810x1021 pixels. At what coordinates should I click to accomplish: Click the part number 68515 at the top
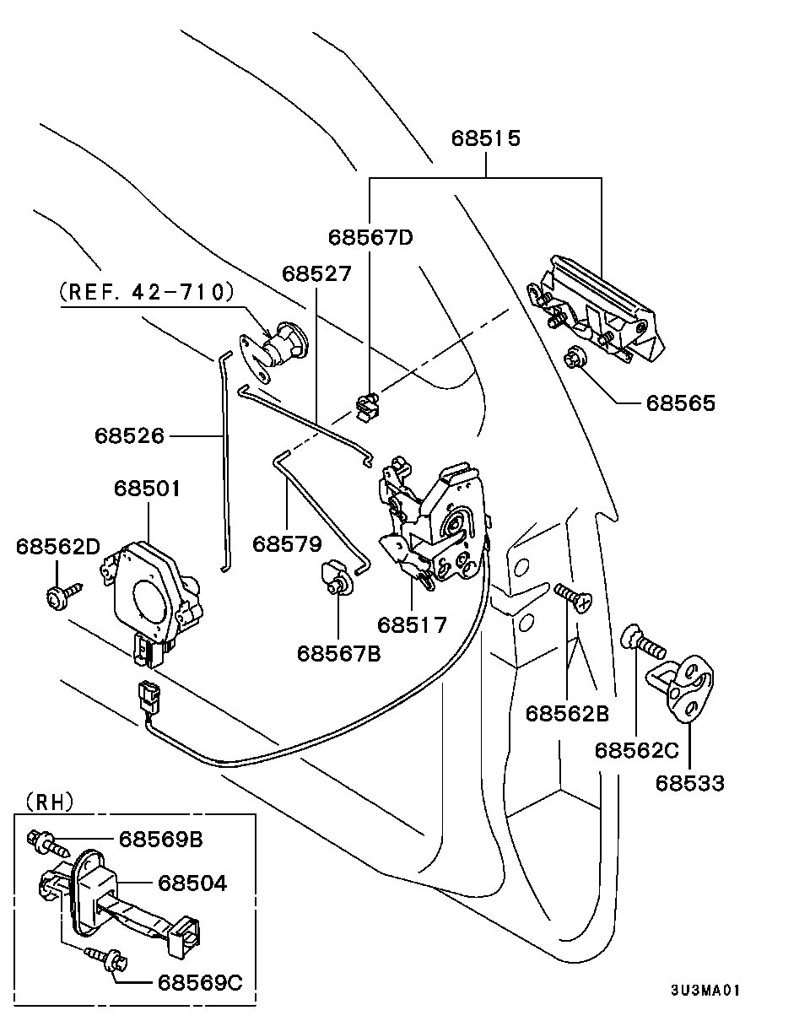coord(485,138)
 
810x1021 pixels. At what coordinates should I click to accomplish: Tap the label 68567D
coord(370,237)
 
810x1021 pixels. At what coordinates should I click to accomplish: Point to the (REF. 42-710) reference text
coord(146,292)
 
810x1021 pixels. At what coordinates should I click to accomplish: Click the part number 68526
coord(129,435)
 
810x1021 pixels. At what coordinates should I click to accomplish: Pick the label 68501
coord(148,489)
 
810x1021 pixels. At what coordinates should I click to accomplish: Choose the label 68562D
coord(57,546)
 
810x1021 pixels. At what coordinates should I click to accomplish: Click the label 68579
coord(287,543)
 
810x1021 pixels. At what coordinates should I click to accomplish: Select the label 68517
coord(412,624)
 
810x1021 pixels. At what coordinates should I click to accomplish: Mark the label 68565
coord(680,402)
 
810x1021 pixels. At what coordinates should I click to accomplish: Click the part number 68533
coord(690,783)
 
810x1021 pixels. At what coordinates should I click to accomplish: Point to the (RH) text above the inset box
coord(50,800)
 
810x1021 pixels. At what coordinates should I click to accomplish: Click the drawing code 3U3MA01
coord(705,990)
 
